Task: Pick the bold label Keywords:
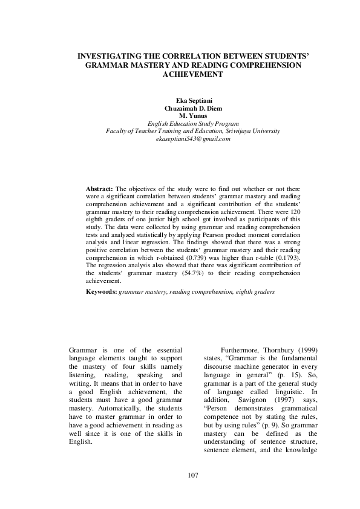(102, 292)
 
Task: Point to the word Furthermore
(234, 351)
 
